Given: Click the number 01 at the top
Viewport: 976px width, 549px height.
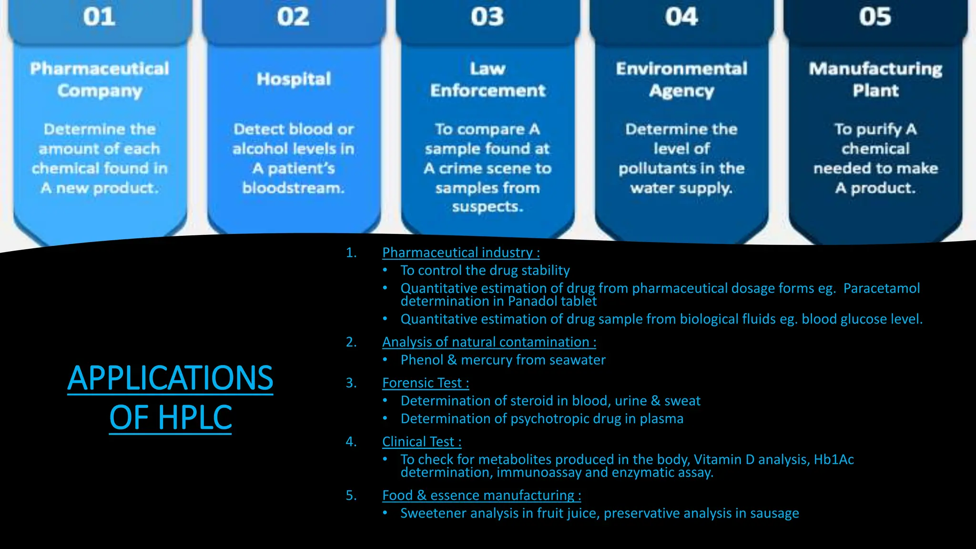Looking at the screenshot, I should [99, 17].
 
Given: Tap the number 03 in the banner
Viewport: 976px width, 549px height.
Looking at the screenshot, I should [487, 17].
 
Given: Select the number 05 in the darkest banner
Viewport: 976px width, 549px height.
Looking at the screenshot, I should [875, 17].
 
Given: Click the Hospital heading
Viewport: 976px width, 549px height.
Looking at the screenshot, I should [294, 79].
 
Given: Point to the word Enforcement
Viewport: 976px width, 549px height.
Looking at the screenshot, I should [488, 91].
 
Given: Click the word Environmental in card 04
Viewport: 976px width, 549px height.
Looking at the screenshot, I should [681, 69].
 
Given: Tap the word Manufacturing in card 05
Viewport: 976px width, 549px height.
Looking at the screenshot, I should [875, 69].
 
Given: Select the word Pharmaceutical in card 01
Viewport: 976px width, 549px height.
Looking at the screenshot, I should [100, 69].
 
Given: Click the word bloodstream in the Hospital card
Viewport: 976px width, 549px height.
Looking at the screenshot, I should [292, 188].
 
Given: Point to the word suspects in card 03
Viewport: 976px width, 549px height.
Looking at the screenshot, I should [487, 207].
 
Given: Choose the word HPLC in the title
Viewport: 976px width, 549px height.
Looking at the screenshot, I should [195, 417].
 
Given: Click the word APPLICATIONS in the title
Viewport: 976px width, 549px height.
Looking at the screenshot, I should [170, 378].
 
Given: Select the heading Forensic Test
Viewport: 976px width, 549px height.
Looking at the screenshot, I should [425, 383].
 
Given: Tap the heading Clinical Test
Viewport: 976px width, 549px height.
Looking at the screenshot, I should [421, 442].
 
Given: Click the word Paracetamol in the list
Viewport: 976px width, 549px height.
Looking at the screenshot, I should [881, 288].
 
